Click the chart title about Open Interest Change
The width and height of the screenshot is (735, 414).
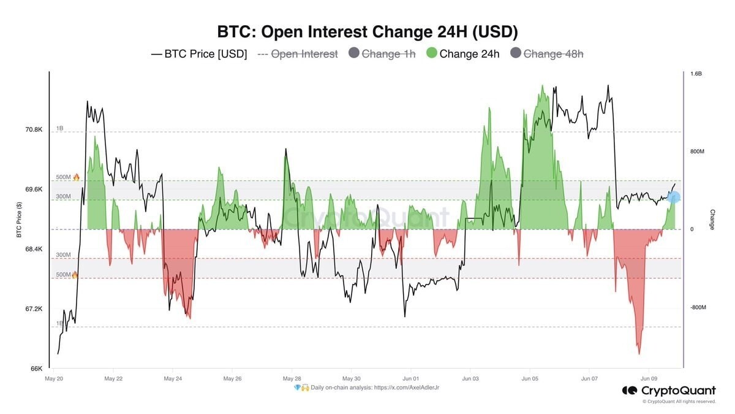click(x=367, y=31)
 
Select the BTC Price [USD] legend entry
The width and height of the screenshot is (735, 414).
click(x=199, y=54)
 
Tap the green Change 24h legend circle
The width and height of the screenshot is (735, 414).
click(x=431, y=53)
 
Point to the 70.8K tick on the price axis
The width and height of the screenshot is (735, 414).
click(x=34, y=130)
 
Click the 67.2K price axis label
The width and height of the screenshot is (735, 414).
click(x=34, y=309)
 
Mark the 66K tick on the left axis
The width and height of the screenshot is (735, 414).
click(x=37, y=369)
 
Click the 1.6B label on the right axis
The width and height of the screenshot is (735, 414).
click(x=696, y=74)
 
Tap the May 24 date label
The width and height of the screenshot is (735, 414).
click(x=173, y=379)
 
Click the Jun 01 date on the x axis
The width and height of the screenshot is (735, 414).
click(x=410, y=379)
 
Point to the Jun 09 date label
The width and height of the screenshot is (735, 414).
click(x=649, y=379)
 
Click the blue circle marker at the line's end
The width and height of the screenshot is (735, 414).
click(x=674, y=197)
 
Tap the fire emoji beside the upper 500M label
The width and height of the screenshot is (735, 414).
click(x=76, y=177)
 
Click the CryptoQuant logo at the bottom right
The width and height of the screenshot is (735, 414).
click(x=669, y=391)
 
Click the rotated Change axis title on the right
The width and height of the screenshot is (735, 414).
click(x=712, y=220)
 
